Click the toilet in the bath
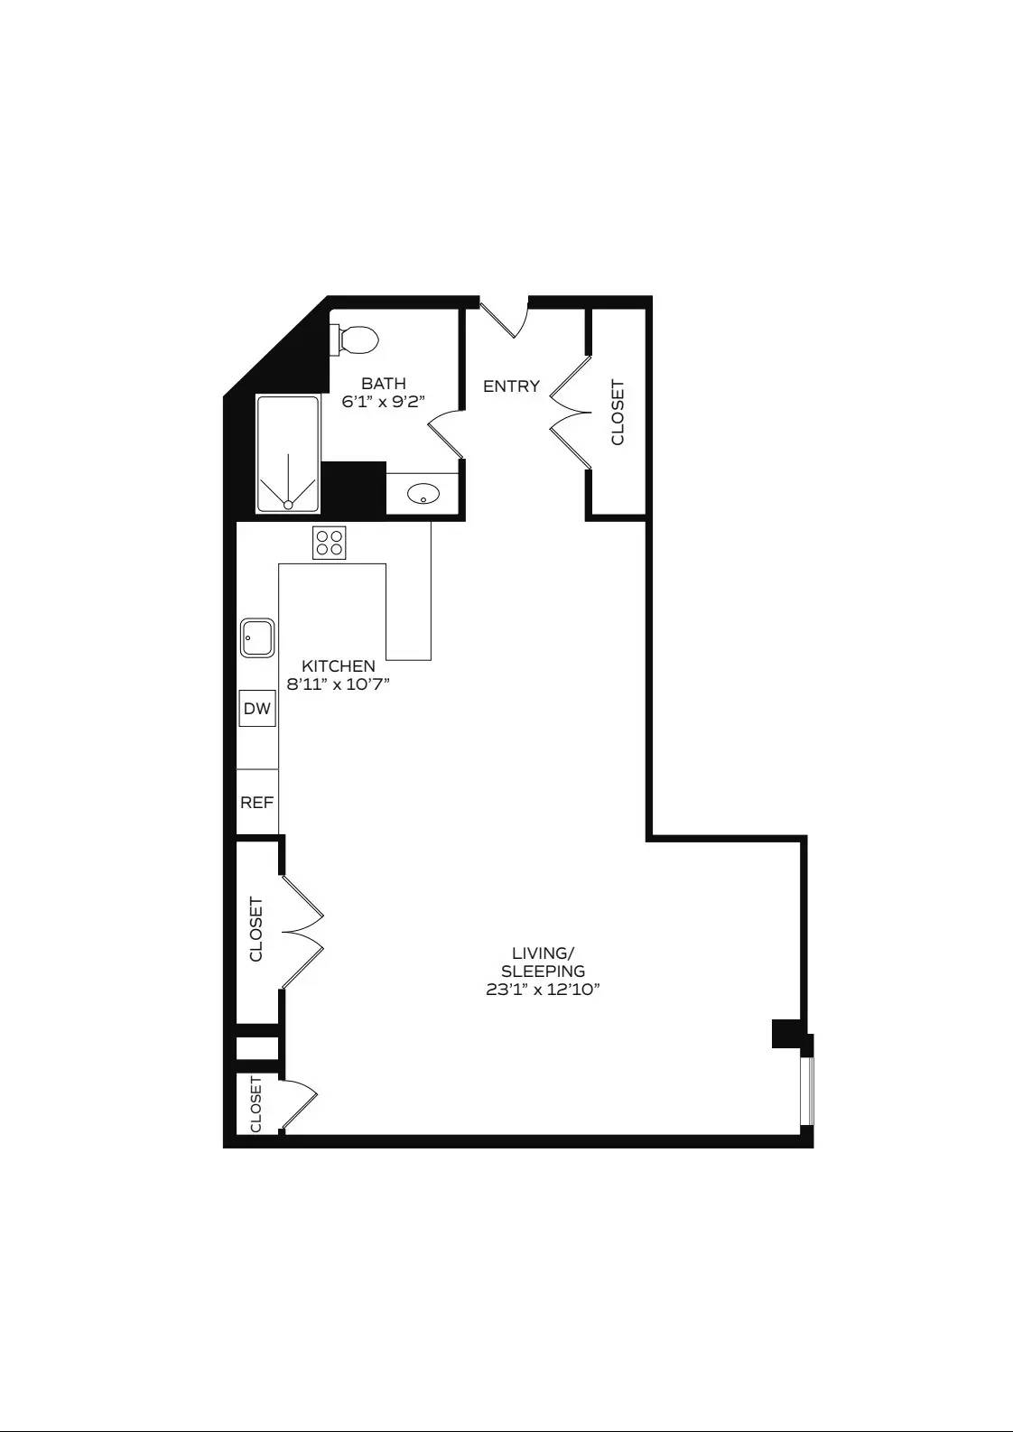[x=357, y=340]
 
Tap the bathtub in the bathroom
[x=288, y=454]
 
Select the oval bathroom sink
[x=423, y=494]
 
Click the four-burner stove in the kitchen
[x=330, y=542]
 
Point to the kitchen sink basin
[x=257, y=637]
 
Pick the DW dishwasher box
[x=257, y=708]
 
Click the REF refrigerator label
[x=257, y=802]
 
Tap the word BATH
[x=384, y=384]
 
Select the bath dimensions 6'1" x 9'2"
[x=384, y=402]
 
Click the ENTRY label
[x=511, y=386]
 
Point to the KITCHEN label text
[x=339, y=666]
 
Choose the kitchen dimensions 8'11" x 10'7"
[x=339, y=684]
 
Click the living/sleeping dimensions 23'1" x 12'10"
[x=543, y=989]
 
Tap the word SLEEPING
[x=543, y=971]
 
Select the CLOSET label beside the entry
[x=618, y=413]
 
